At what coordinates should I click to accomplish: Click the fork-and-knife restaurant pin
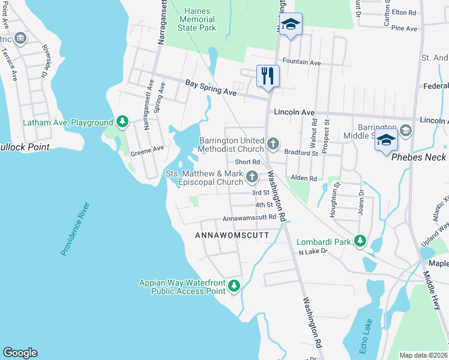tap(267, 76)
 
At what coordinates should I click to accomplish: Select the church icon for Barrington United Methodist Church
tap(273, 143)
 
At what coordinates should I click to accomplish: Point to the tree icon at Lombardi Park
tap(360, 241)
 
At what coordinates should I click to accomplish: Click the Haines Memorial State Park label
tap(196, 19)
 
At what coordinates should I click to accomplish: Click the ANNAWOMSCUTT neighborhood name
tap(232, 236)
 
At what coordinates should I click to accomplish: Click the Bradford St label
tap(301, 153)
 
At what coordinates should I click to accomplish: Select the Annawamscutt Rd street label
tap(249, 218)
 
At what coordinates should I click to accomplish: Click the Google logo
tap(20, 353)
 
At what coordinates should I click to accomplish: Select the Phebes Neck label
tap(418, 157)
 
